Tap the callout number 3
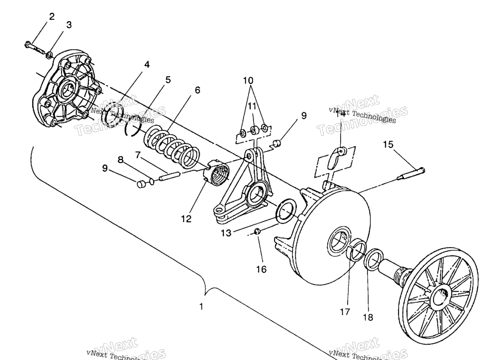click(68, 25)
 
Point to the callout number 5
click(167, 80)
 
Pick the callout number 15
click(388, 145)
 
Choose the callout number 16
click(261, 269)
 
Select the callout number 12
click(187, 218)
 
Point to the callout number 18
click(368, 317)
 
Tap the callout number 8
click(121, 160)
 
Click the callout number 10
click(248, 80)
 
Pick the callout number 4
click(147, 65)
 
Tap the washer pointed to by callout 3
click(49, 56)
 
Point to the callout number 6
click(197, 90)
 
